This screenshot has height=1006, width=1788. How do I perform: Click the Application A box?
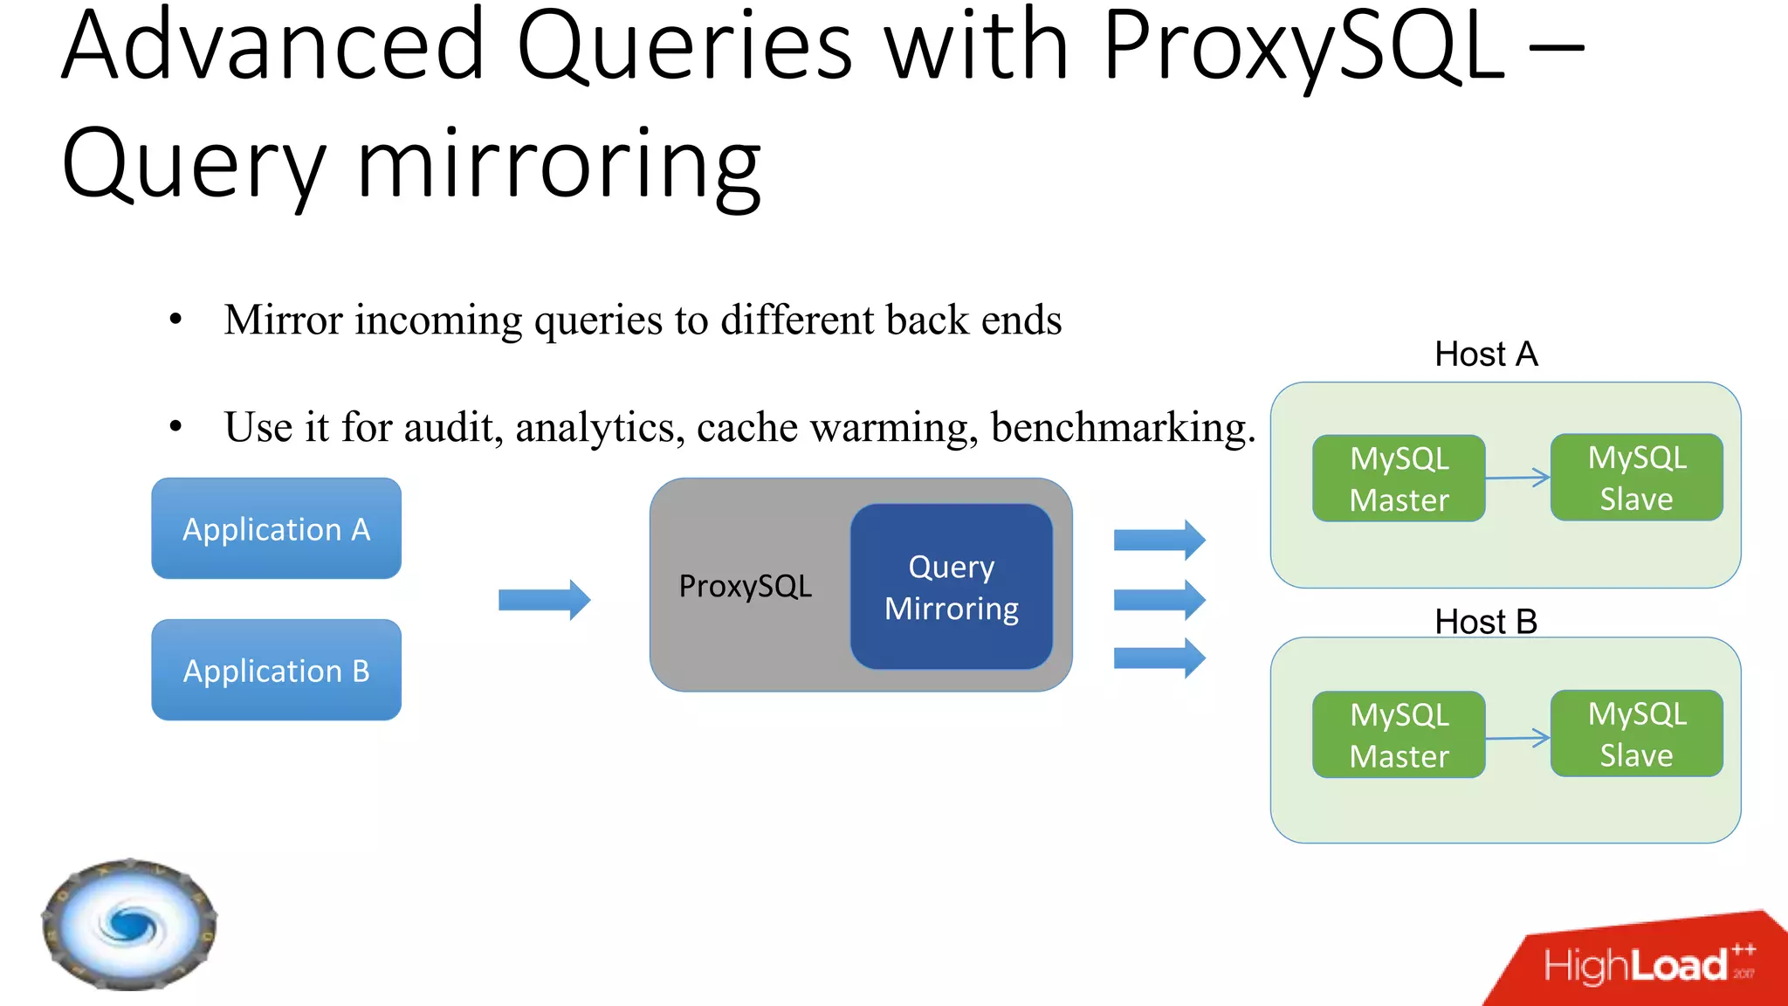tap(276, 528)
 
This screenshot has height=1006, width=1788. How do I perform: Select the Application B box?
tap(276, 670)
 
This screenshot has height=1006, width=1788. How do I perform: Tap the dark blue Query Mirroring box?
tap(951, 587)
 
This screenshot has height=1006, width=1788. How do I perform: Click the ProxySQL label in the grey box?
tap(745, 586)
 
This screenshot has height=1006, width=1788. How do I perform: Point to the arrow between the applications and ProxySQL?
tap(544, 600)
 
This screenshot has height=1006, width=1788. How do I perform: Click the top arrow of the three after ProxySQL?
tap(1159, 540)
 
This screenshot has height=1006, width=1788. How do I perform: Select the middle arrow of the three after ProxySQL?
tap(1159, 600)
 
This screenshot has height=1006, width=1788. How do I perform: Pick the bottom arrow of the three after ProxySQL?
tap(1159, 658)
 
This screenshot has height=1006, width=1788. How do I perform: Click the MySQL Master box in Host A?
tap(1399, 479)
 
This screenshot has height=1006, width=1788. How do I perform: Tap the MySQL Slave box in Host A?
tap(1636, 478)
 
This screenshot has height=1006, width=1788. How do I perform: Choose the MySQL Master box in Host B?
tap(1399, 734)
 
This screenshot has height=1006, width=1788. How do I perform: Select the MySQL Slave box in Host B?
tap(1636, 734)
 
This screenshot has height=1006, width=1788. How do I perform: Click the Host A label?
tap(1485, 355)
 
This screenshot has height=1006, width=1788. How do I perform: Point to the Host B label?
tap(1485, 622)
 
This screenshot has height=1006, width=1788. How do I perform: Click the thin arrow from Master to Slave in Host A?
tap(1517, 478)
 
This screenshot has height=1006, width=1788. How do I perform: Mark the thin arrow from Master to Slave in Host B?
tap(1517, 738)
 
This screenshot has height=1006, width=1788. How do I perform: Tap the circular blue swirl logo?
tap(129, 924)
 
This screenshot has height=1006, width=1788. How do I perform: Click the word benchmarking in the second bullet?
tap(1123, 428)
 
